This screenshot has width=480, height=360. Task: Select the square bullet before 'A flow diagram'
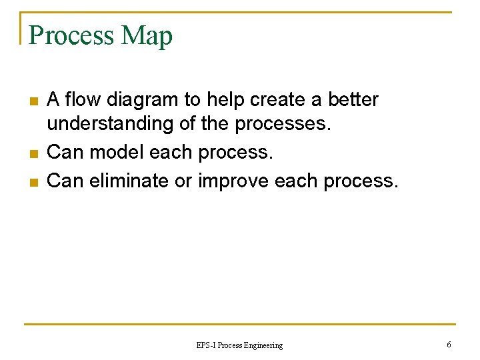(x=33, y=101)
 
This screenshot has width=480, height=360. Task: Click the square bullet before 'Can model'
(x=33, y=154)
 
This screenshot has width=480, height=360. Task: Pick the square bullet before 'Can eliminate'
(x=33, y=181)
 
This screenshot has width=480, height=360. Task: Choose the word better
(x=353, y=100)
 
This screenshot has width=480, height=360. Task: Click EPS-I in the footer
(x=205, y=345)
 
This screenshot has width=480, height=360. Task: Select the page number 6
(x=449, y=345)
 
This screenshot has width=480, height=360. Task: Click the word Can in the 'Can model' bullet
(x=65, y=153)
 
